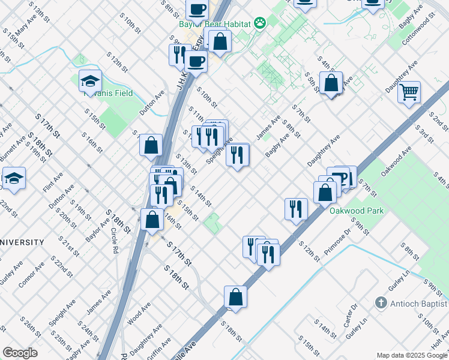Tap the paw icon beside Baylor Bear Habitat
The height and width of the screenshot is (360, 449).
(x=259, y=23)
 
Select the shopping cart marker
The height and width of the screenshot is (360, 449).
(x=409, y=92)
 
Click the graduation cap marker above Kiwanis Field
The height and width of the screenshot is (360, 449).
(x=90, y=81)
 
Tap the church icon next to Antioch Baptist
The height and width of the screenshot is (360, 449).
(x=379, y=304)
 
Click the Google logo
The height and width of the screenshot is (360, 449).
(x=20, y=353)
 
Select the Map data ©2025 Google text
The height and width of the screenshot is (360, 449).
(x=412, y=355)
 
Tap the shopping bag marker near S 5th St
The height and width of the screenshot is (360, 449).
(x=331, y=83)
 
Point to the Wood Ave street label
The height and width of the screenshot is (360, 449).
(x=139, y=314)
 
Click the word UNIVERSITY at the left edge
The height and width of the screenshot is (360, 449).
(x=22, y=242)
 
